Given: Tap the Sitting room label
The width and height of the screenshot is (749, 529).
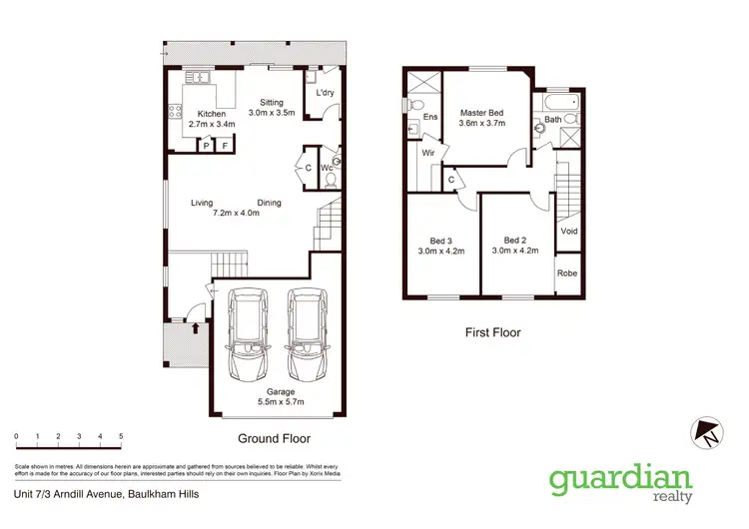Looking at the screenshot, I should [272, 102].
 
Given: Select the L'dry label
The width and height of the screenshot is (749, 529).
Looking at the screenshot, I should [325, 93].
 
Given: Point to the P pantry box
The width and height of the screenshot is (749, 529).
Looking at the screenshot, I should [207, 146].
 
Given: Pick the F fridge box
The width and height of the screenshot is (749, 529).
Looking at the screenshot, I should [226, 146].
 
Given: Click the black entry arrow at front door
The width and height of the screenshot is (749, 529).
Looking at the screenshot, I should [196, 325].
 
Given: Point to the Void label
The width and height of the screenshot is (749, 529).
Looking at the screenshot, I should [569, 231].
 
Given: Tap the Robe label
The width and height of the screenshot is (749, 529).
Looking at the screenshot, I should [567, 273].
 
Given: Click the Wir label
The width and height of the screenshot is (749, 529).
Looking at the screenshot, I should [426, 153].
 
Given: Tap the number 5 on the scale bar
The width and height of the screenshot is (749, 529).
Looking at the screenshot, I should [121, 437].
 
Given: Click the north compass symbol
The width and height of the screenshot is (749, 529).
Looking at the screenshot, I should [708, 433].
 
